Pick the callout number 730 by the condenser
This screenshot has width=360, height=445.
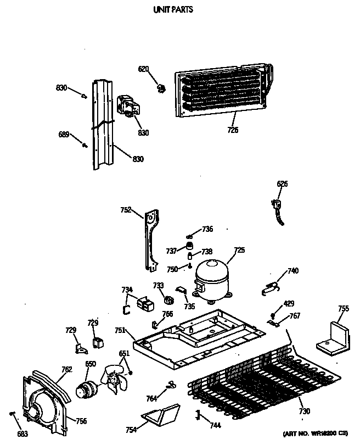[x=303, y=411]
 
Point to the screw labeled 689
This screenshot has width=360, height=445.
[x=85, y=145]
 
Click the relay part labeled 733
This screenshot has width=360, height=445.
[x=169, y=299]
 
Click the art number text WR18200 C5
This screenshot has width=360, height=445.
[x=318, y=433]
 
